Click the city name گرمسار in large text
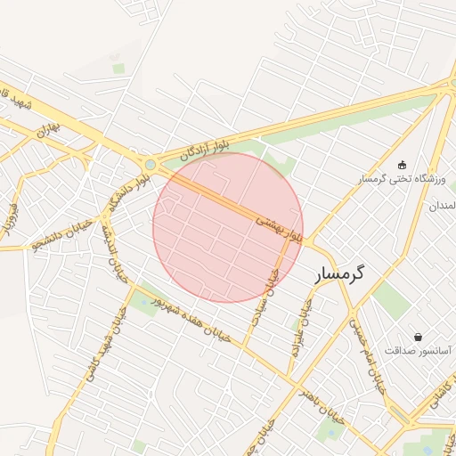click(353, 275)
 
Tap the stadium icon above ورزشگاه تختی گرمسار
click(402, 165)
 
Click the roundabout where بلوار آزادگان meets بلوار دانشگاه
click(150, 164)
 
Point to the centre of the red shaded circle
click(228, 228)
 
